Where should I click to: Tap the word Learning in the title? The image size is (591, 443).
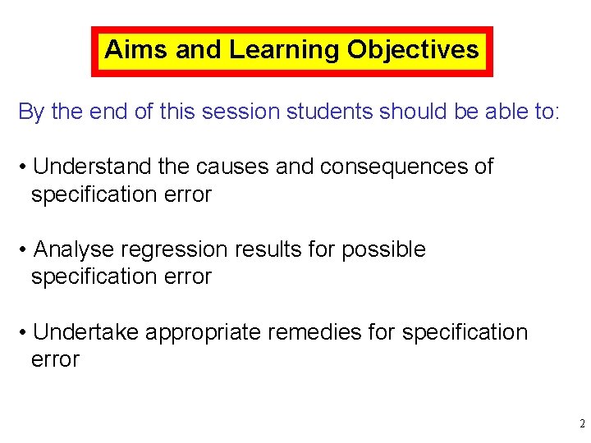[x=284, y=50]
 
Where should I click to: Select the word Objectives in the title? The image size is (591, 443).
[x=413, y=50]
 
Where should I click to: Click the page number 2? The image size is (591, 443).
[x=581, y=424]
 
